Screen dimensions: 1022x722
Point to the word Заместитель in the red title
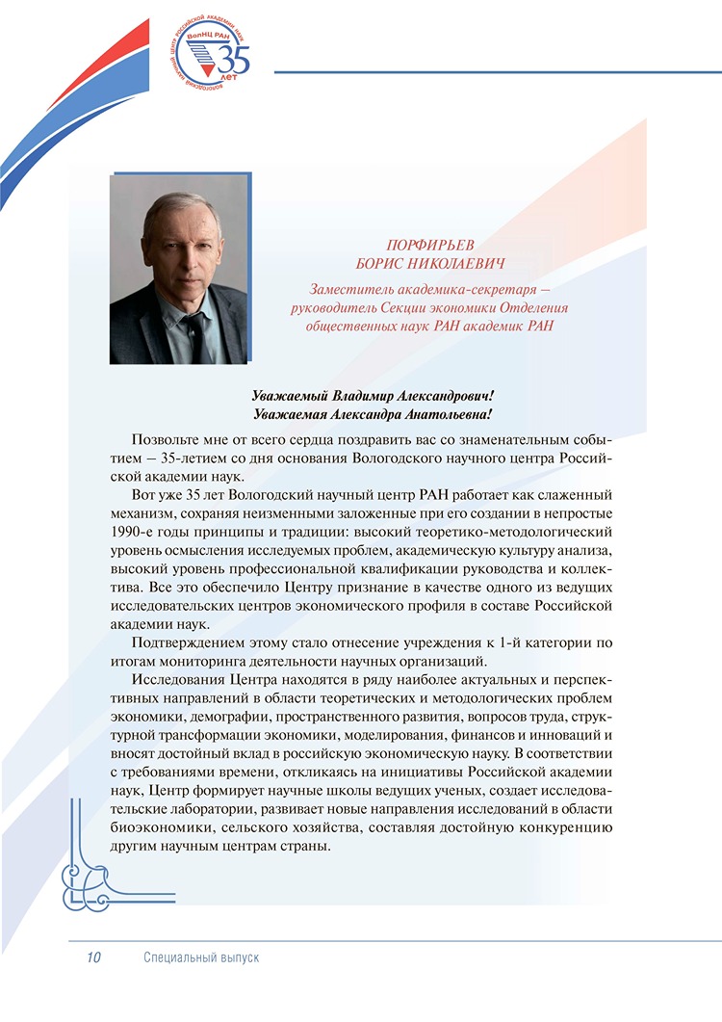348,287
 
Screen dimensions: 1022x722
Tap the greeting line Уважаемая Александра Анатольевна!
372,414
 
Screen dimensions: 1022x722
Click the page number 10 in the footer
93,957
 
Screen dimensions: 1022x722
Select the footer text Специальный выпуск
201,957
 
